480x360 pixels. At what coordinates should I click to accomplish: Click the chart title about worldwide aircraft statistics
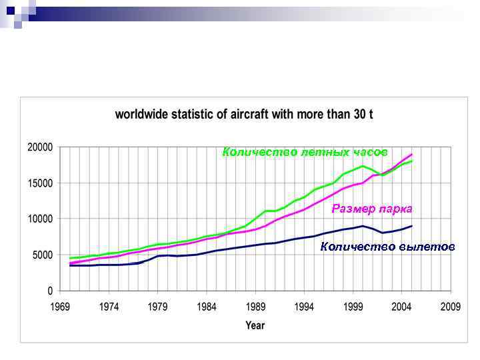tap(244, 115)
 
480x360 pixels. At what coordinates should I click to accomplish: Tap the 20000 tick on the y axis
tap(40, 147)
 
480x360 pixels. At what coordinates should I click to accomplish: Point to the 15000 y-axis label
tap(40, 183)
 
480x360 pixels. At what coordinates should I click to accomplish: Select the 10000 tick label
tap(40, 219)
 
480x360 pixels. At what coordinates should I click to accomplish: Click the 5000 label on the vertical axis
tap(43, 255)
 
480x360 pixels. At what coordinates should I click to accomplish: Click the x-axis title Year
tap(255, 325)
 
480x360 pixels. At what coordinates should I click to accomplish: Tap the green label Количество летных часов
tap(305, 152)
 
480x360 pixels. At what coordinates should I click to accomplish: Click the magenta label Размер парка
tap(372, 209)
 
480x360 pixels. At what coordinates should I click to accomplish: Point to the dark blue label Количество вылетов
tap(387, 247)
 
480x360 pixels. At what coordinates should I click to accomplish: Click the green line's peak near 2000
tap(363, 165)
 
